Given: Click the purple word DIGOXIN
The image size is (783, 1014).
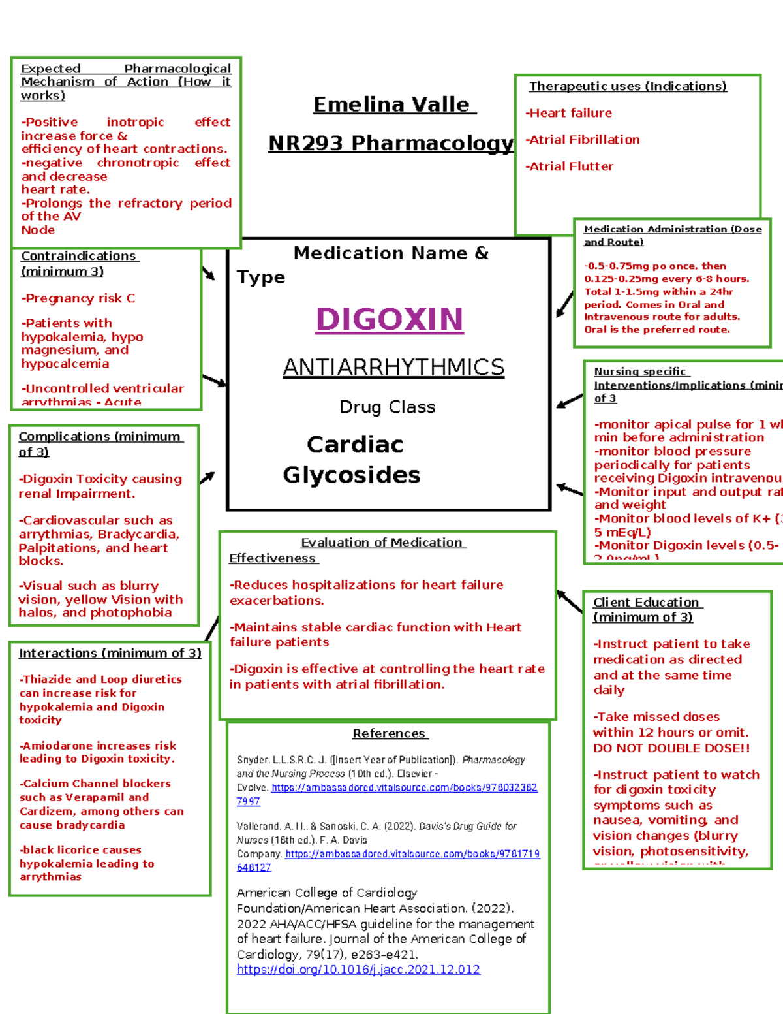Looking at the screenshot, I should coord(390,319).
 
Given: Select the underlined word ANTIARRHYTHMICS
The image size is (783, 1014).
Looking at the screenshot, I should coord(393,368).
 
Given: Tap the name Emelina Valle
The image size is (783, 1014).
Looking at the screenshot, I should coord(391,104).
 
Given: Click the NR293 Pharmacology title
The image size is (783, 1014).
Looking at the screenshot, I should coord(391,143).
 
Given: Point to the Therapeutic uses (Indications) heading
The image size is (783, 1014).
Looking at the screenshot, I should coord(628,86).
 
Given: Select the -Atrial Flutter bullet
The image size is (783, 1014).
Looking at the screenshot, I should coord(570,166).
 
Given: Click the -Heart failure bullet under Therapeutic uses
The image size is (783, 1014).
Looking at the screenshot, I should coord(569,113).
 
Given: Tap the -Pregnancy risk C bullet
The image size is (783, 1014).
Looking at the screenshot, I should coord(78,298).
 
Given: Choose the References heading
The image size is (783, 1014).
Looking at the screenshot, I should coord(389,733).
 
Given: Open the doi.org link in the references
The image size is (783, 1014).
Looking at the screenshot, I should coord(358,970).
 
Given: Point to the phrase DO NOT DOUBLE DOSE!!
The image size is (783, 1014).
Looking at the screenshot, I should coord(671,748).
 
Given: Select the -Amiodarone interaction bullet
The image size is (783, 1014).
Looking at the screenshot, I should coord(98,752).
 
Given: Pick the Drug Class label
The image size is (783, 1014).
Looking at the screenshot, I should coord(388,407).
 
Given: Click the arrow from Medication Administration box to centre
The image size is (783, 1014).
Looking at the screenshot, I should coord(564,304).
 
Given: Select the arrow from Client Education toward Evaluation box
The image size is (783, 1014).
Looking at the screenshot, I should coord(570,601).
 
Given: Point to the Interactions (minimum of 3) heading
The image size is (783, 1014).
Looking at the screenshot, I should coord(110,653).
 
